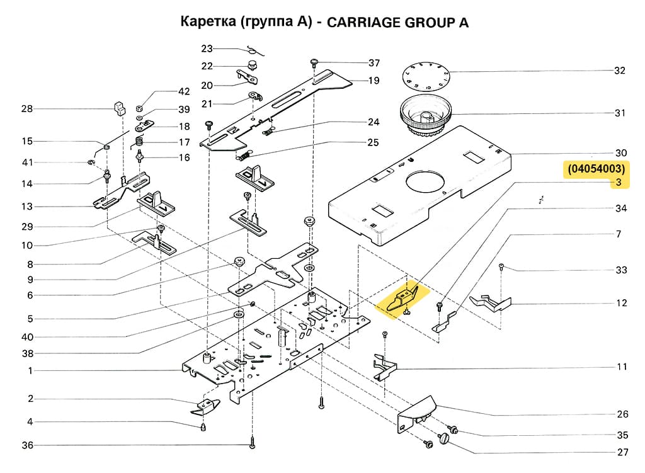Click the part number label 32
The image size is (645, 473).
point(620,71)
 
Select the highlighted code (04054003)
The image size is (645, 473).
point(596,169)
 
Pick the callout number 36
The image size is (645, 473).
point(28,445)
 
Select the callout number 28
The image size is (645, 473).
point(26,109)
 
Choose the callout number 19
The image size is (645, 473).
point(374,81)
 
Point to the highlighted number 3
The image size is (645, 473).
point(619,183)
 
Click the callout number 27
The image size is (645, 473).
point(622,452)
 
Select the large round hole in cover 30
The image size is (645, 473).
point(426,182)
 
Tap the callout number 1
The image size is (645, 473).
point(30,371)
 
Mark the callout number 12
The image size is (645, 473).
point(622,303)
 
